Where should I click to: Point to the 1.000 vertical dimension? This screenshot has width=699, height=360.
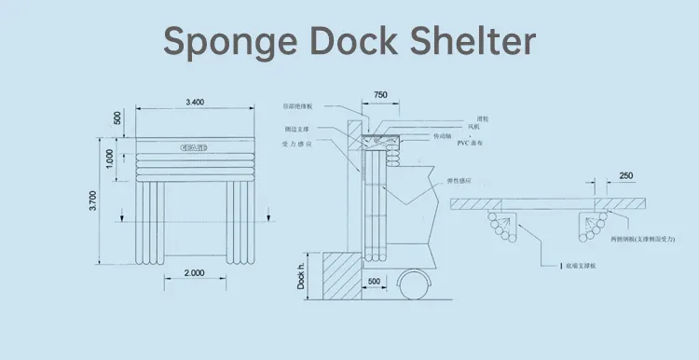111,159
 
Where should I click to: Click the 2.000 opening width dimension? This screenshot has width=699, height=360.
194,271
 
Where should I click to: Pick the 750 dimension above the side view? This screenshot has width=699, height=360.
380,96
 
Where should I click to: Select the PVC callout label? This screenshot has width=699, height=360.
480,145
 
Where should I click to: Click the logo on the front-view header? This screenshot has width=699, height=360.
194,147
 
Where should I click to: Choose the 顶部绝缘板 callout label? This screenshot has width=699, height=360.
297,106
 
